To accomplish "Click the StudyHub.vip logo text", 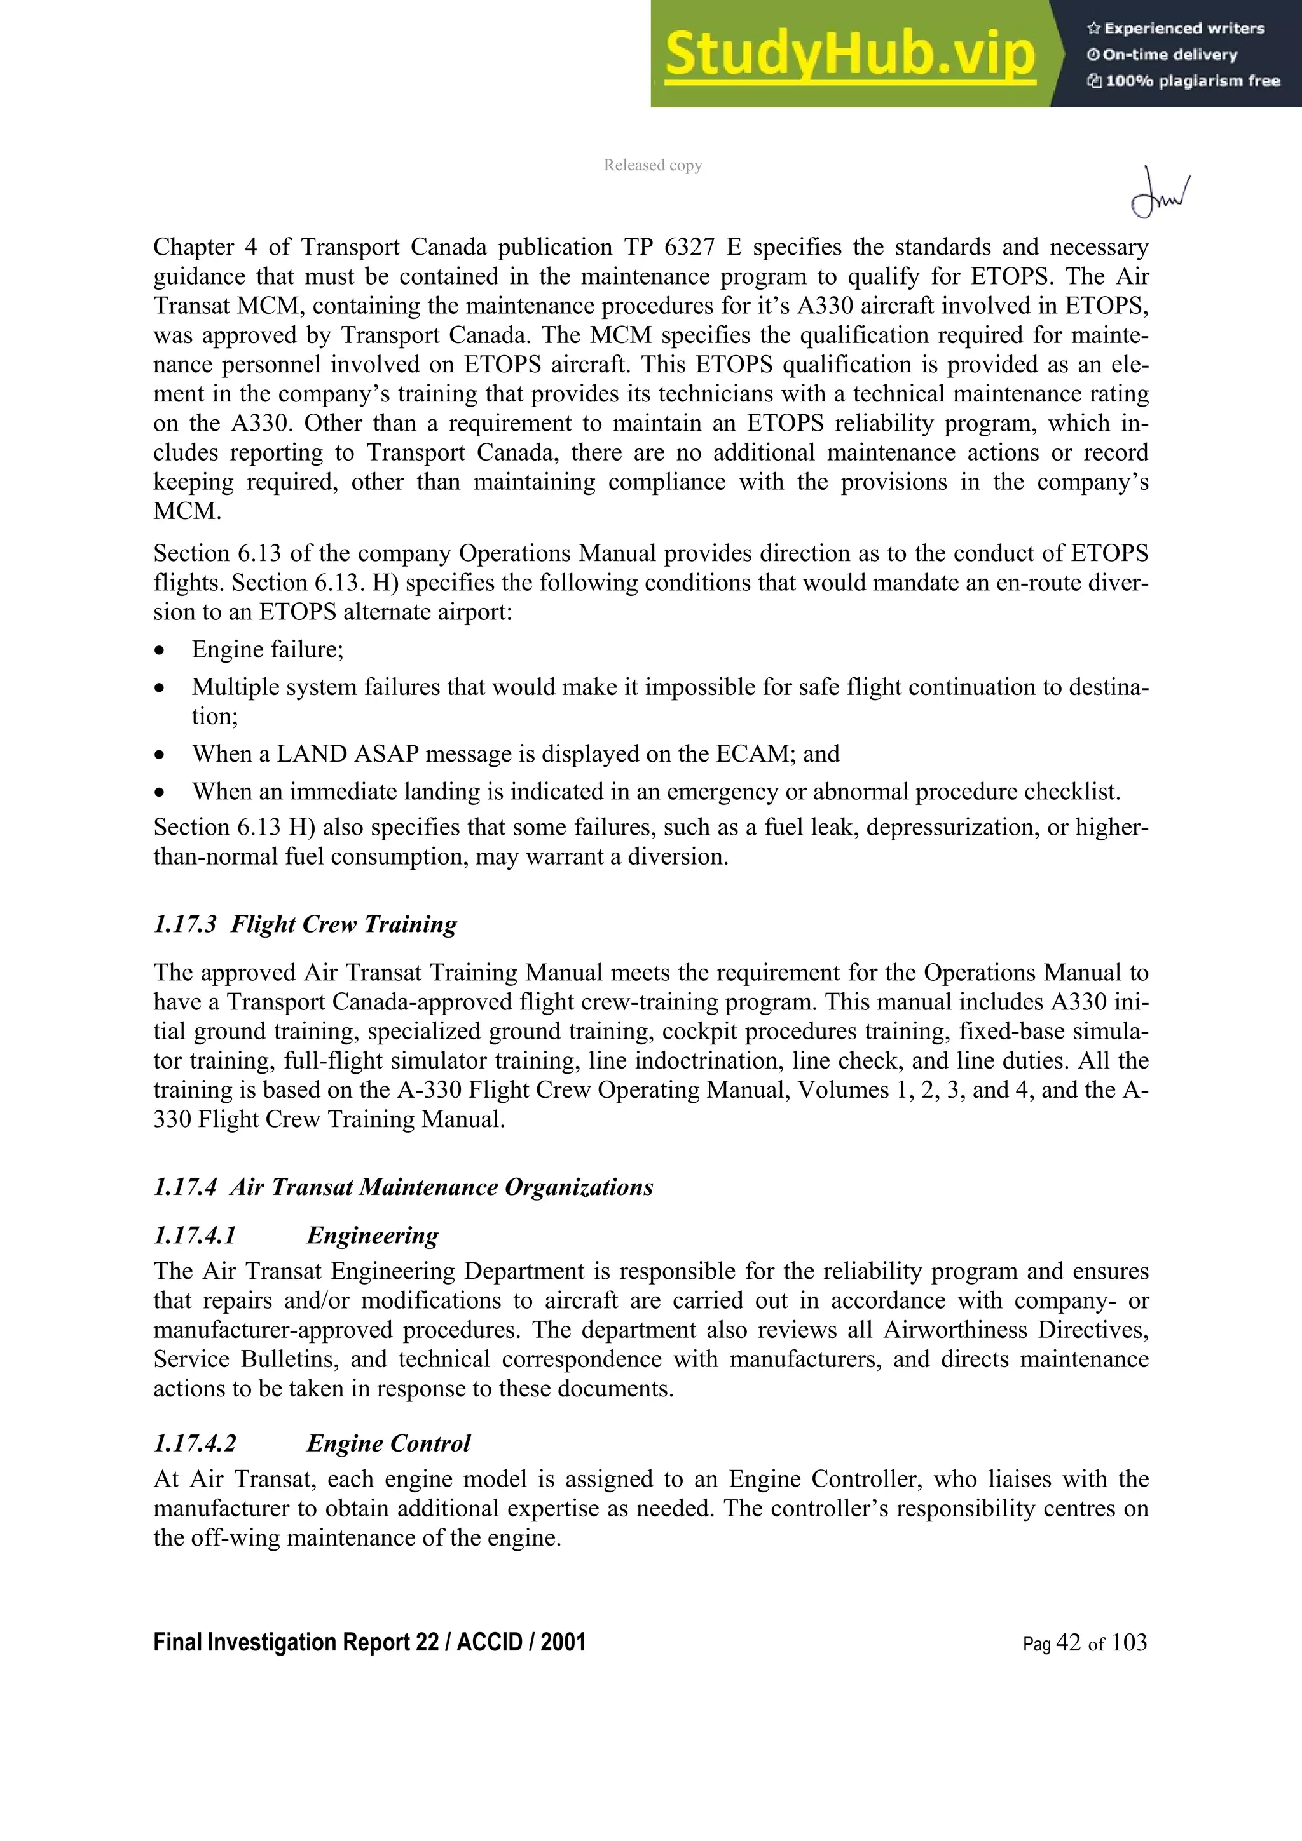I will click(849, 55).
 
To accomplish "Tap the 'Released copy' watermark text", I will click(652, 165).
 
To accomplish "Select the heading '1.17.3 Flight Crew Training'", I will click(305, 924).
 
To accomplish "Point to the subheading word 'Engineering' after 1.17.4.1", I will click(373, 1235).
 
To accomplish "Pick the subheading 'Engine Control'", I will click(388, 1443).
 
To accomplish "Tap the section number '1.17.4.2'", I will click(195, 1443).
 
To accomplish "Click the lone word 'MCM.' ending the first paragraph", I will click(187, 511).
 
